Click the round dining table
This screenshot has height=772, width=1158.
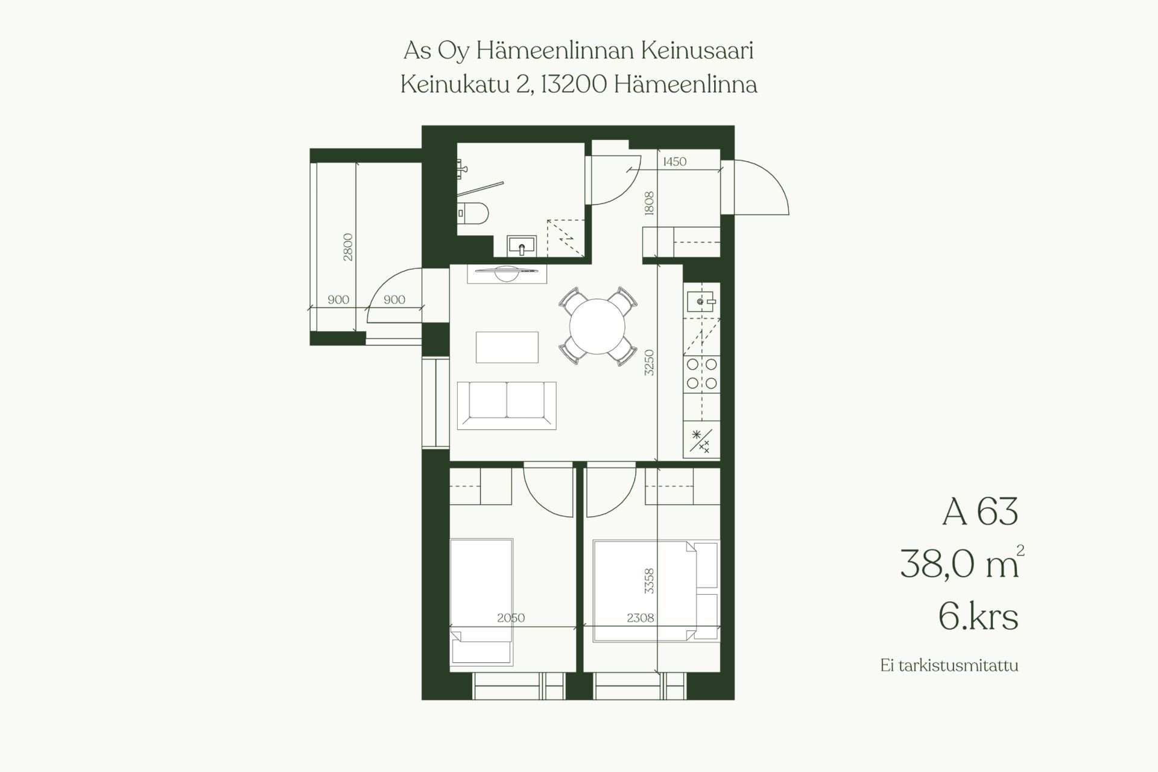pos(597,326)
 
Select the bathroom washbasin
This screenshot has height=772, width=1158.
pos(522,245)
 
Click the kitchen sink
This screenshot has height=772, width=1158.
pos(701,300)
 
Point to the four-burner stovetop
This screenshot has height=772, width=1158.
pos(702,373)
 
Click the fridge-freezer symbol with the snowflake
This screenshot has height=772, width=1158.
pos(701,441)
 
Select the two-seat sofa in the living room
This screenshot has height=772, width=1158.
pos(507,405)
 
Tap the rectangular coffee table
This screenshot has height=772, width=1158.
pos(507,347)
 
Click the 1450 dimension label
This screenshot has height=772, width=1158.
pos(674,162)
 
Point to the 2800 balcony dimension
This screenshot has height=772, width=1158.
pos(348,247)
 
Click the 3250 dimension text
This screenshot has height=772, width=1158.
pos(649,362)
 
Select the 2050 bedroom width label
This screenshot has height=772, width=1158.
pos(511,618)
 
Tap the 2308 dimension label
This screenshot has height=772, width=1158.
pos(641,618)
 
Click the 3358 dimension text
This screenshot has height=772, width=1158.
pos(649,581)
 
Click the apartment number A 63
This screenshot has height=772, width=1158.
pos(980,511)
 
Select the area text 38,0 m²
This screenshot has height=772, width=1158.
pos(962,563)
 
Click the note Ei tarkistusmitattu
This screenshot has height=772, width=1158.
pos(949,666)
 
